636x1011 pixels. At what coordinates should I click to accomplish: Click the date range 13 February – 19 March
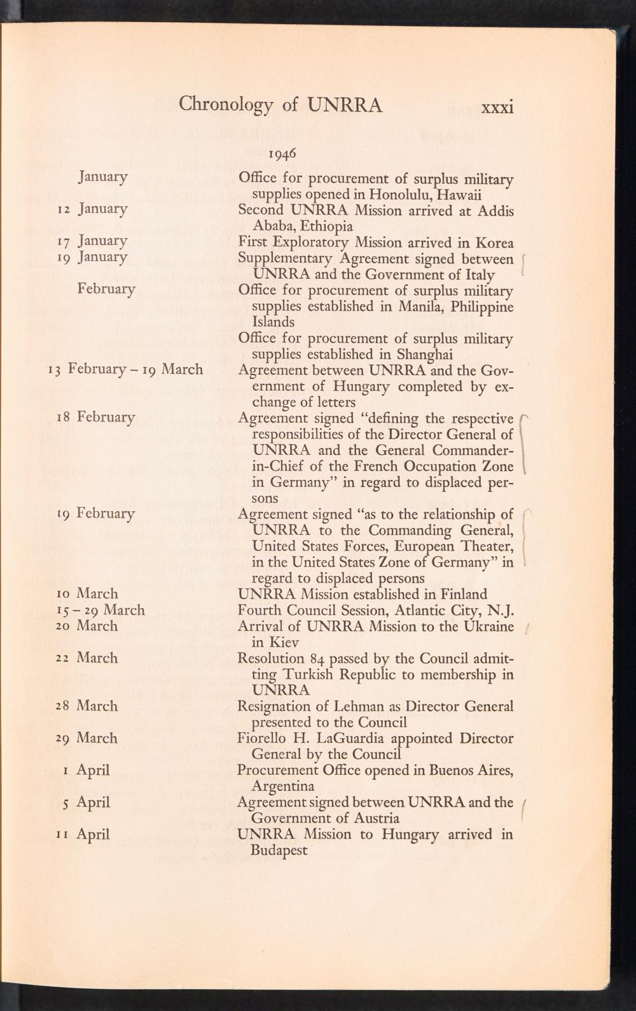[x=126, y=369]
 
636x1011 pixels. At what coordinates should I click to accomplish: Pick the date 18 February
[x=96, y=418]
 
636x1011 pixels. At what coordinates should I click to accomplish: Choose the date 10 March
[x=88, y=594]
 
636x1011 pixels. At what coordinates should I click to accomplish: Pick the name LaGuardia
[x=346, y=739]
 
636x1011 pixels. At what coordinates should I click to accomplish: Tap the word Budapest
[x=280, y=851]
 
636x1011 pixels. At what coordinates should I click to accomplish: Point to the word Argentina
[x=283, y=787]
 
